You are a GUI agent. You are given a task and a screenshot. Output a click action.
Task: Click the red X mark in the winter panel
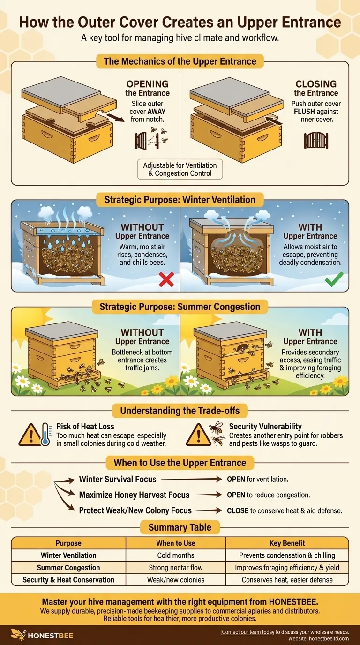tap(166, 279)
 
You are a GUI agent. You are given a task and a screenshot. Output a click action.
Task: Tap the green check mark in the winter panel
tap(334, 279)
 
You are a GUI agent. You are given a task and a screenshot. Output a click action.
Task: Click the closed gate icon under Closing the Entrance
tap(316, 140)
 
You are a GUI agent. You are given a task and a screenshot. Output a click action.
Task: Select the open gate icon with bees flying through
tap(151, 138)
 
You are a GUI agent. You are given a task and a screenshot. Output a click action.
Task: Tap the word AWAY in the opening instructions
tap(156, 112)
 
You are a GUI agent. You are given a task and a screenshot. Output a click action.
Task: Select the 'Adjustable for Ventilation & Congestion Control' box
tap(180, 169)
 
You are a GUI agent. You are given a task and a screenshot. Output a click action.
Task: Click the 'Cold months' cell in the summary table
tap(176, 555)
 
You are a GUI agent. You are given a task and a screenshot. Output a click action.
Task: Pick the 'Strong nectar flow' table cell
tap(176, 568)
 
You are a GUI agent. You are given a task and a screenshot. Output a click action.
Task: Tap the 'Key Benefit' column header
tap(287, 543)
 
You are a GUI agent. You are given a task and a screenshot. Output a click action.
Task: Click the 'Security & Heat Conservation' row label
tap(68, 580)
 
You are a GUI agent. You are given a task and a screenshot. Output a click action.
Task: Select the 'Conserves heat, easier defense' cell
tap(287, 580)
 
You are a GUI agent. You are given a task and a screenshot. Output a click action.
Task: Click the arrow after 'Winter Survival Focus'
tap(192, 479)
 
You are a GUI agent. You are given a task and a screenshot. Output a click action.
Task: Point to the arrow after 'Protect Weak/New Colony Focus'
tap(209, 510)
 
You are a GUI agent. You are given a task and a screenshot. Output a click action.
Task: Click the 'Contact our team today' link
tap(247, 632)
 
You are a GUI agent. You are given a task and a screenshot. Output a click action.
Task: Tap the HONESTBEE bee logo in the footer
tap(18, 635)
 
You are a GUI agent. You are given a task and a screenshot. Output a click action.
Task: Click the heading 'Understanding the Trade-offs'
tap(180, 410)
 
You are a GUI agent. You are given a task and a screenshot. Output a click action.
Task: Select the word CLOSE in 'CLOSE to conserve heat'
tap(238, 511)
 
